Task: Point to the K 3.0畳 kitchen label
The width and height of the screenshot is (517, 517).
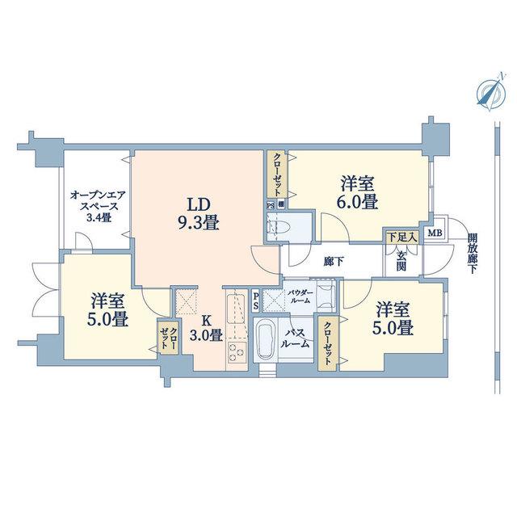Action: point(207,328)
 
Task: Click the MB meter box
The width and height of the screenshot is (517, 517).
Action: point(435,233)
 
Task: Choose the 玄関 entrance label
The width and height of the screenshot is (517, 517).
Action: point(401,260)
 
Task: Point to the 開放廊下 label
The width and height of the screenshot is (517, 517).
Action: point(473,254)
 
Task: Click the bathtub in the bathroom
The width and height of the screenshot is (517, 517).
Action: point(266,341)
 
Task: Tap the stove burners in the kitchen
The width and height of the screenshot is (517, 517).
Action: point(237,354)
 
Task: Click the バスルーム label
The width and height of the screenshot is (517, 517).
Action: point(297,338)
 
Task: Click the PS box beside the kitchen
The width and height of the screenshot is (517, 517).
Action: point(256,300)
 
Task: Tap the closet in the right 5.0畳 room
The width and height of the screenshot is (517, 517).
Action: point(328,343)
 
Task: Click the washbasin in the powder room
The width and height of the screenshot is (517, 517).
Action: point(325,294)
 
